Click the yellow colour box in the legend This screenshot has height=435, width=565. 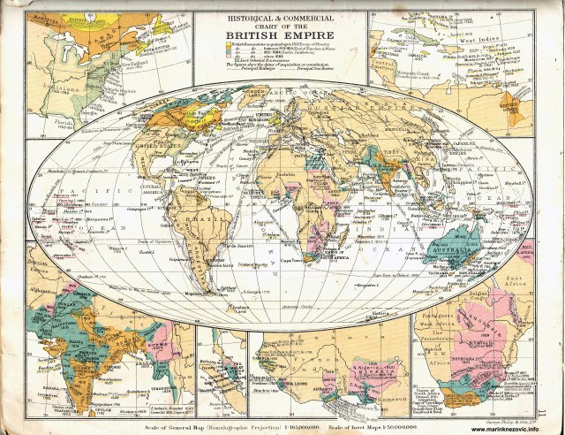point(235,44)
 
